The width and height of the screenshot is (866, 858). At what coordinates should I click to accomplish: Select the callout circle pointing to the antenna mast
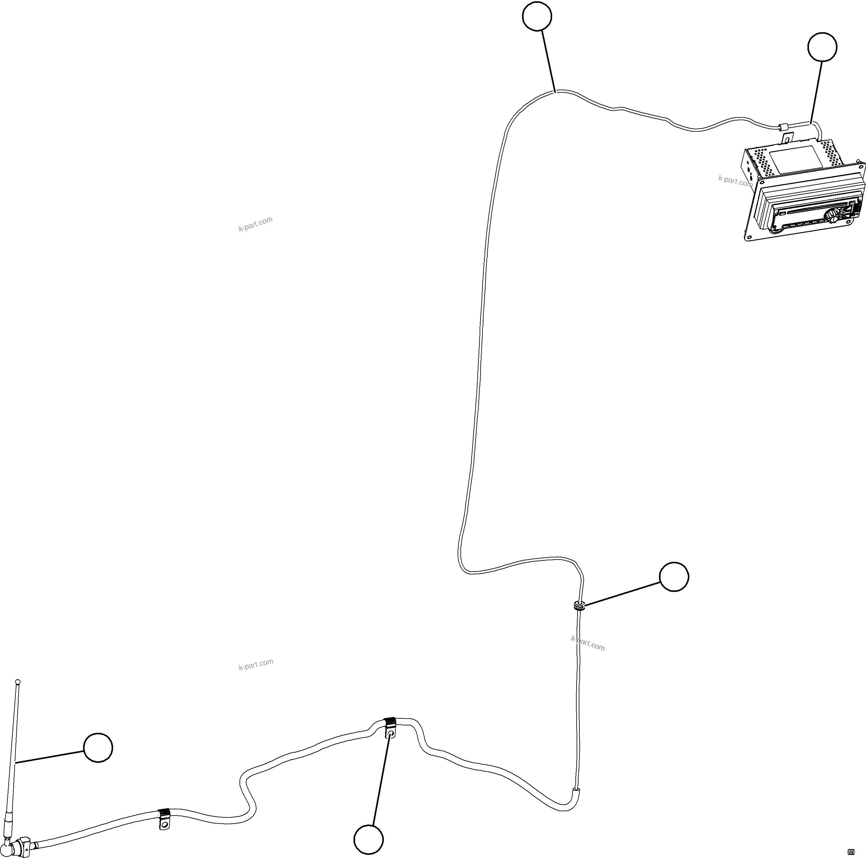(x=98, y=748)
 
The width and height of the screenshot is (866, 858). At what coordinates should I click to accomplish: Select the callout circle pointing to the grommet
(x=674, y=576)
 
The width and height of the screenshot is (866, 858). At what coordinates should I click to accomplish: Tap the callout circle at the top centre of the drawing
(x=537, y=16)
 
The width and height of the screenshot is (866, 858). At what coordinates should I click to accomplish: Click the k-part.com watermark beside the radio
(x=735, y=181)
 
